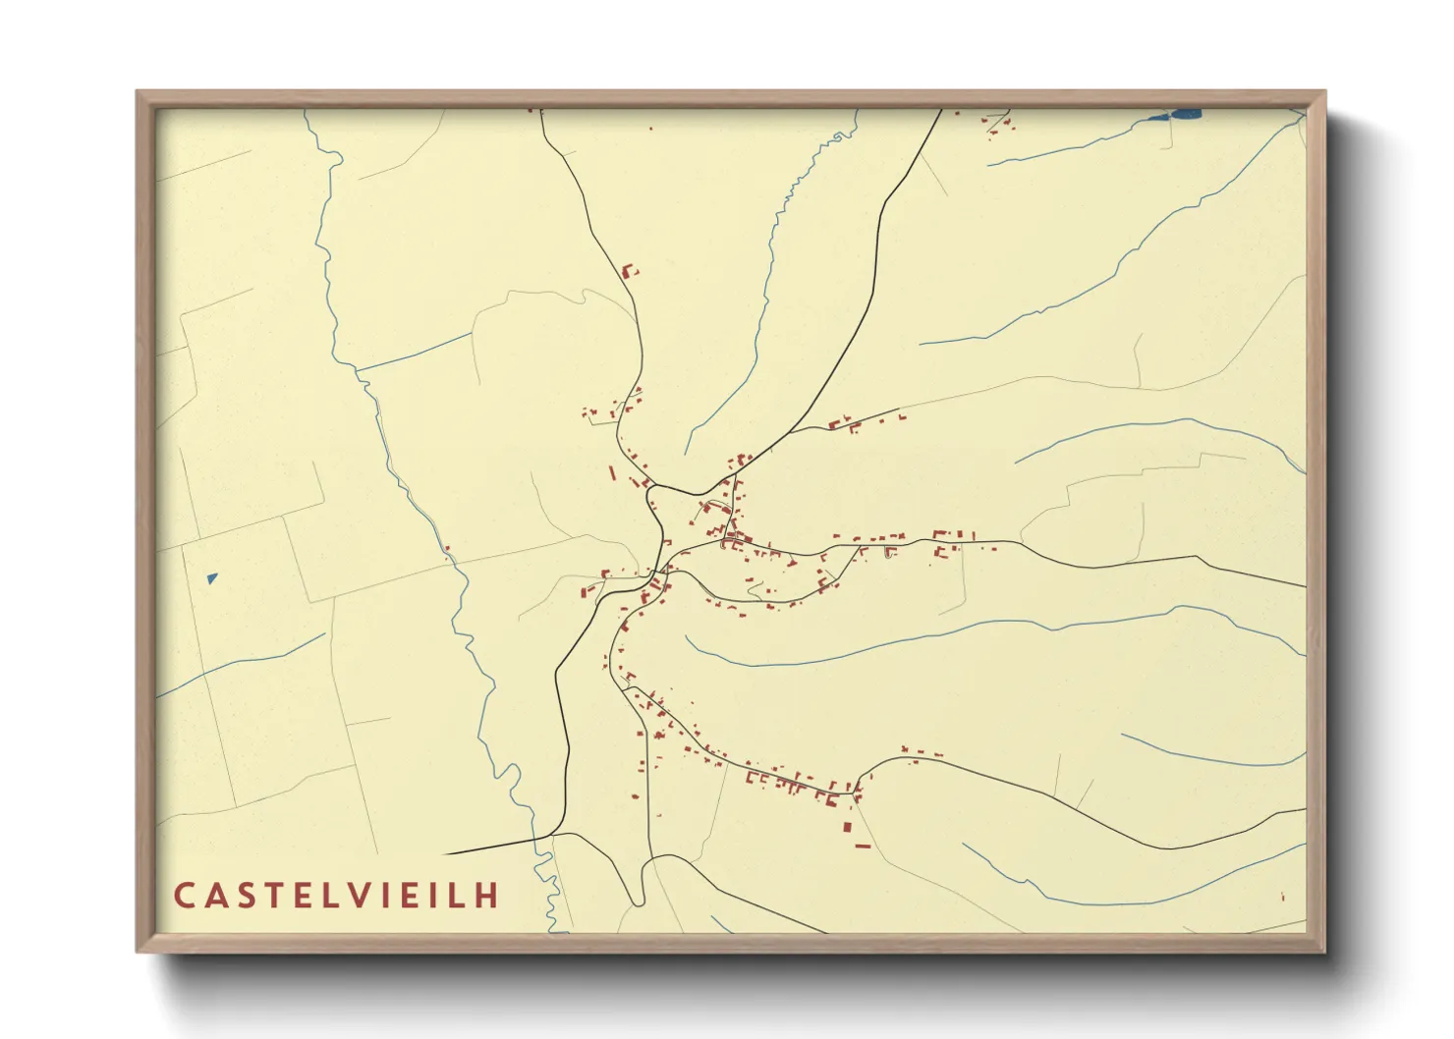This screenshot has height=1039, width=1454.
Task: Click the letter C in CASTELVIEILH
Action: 184,896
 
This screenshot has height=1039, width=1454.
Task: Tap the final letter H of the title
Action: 488,896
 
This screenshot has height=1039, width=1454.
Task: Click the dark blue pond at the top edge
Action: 1186,114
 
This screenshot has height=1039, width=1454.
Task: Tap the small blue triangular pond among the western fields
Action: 212,578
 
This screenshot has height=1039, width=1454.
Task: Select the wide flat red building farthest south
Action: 863,846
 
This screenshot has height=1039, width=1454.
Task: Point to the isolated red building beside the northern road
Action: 629,270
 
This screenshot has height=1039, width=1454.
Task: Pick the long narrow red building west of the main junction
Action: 612,473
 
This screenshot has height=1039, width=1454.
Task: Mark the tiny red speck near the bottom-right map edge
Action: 1282,896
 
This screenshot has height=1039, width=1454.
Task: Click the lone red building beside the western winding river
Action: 447,549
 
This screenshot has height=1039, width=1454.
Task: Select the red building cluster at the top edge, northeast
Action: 999,124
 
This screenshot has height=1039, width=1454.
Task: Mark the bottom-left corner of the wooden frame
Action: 139,950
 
